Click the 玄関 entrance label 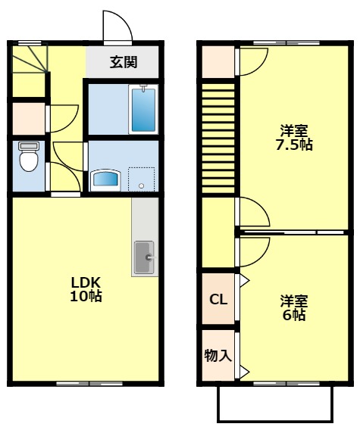click(x=122, y=62)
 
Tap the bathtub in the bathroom click(x=142, y=110)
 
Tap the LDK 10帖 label click(x=85, y=288)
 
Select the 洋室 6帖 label click(x=293, y=307)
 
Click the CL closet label click(x=218, y=300)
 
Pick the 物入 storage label click(x=218, y=355)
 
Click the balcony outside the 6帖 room click(x=274, y=403)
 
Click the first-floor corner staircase click(x=30, y=60)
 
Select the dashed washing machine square click(x=141, y=179)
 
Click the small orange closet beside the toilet click(x=29, y=117)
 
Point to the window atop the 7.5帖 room click(x=274, y=43)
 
